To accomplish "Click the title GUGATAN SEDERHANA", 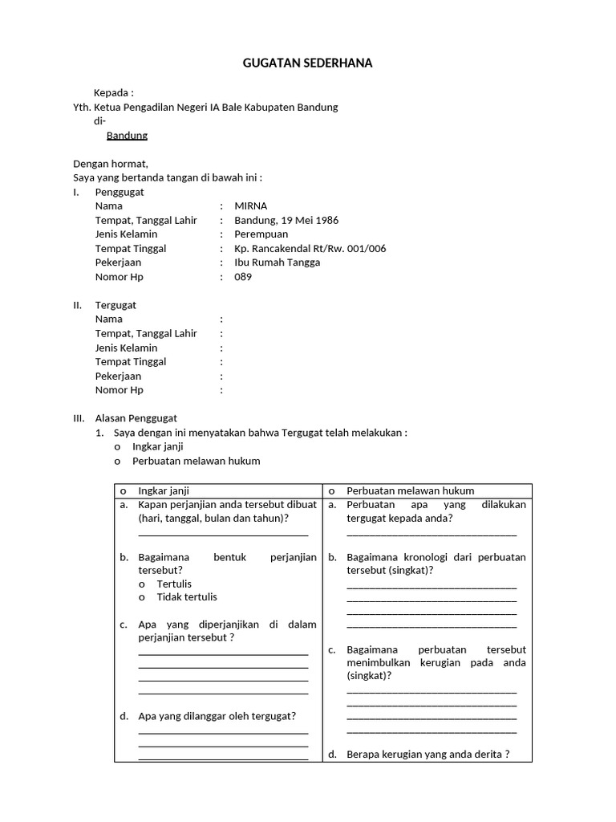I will coord(308,63).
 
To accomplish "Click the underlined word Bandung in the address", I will coord(127,136).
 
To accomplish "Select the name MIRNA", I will coord(250,205).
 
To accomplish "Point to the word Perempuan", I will coord(261,234).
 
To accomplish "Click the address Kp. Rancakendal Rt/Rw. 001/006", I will coord(310,249).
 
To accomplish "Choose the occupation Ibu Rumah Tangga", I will coord(277,262).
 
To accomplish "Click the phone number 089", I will coord(243,277).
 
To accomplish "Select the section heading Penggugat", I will coord(120,192).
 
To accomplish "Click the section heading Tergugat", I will coord(115,305).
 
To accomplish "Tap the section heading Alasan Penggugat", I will coord(136,418).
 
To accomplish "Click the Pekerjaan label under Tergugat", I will coord(118,376).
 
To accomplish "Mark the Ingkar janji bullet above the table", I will coord(118,447).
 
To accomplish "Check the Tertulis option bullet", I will coord(142,584).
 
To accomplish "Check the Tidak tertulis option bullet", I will coord(142,597).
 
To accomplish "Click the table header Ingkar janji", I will coord(164,490).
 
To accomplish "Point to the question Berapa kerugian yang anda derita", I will coord(428,755).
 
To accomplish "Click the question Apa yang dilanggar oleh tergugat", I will coord(217,716).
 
